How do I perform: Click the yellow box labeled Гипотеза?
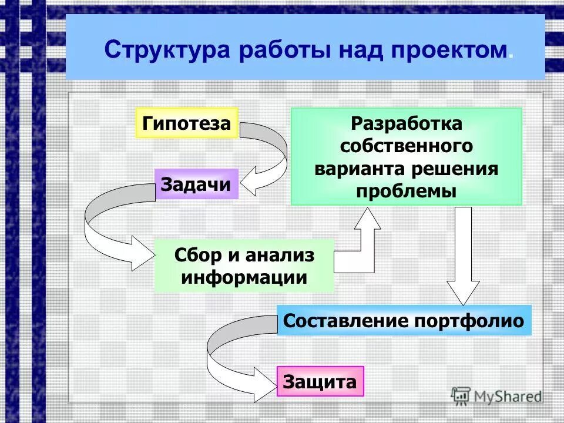(186, 123)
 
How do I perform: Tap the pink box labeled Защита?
(320, 382)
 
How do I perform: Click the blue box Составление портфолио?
(404, 321)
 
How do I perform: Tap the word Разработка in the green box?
(407, 124)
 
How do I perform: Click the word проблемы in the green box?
(407, 191)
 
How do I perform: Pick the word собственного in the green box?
(407, 146)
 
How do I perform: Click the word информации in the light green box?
(244, 277)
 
